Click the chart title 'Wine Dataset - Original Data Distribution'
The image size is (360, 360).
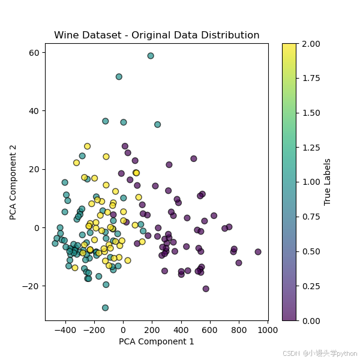click(157, 35)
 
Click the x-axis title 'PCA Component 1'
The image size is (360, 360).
click(157, 341)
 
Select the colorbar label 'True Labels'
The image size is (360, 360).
click(328, 182)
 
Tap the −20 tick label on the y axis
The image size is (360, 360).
click(31, 286)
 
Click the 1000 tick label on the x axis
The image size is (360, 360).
click(268, 329)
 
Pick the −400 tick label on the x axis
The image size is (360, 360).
click(65, 329)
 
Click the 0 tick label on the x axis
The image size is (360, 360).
click(123, 329)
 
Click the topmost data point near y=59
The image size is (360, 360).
click(151, 56)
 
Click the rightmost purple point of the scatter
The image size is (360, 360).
click(258, 252)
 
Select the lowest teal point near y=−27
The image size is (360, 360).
click(105, 308)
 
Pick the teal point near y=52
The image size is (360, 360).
click(119, 77)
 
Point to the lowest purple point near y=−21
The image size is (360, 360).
click(206, 289)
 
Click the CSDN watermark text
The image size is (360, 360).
click(320, 353)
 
